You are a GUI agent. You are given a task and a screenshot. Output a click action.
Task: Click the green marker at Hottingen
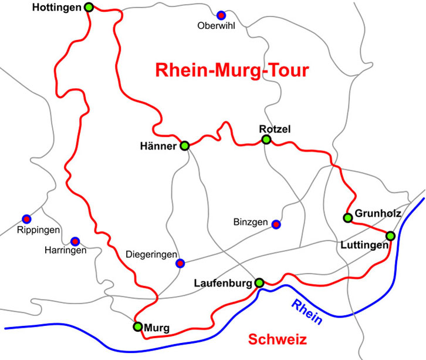click(x=89, y=8)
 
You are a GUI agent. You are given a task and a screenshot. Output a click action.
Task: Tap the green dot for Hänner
click(x=184, y=146)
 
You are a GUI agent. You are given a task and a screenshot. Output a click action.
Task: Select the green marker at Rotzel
click(x=266, y=140)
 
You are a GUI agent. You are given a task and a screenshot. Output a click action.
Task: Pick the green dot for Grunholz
click(x=347, y=218)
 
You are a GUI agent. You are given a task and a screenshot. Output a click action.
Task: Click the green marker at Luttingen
click(x=391, y=236)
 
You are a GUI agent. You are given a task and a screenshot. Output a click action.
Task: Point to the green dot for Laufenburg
click(x=259, y=282)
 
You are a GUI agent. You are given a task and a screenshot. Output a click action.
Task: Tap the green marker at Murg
click(x=137, y=327)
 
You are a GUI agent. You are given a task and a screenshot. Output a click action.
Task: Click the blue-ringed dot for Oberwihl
click(x=221, y=15)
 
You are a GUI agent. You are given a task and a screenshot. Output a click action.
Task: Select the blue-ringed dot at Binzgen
click(x=276, y=224)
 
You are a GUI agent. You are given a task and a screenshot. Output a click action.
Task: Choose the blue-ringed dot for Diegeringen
click(x=181, y=263)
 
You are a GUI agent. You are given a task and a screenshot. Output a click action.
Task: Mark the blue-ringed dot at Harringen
click(x=75, y=241)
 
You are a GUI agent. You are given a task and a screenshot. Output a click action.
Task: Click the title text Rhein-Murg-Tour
click(x=232, y=70)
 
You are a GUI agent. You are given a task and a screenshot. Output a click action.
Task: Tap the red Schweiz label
click(x=278, y=340)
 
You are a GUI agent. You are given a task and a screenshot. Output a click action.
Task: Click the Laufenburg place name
click(x=224, y=283)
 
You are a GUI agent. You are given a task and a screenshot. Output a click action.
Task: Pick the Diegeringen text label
click(x=151, y=255)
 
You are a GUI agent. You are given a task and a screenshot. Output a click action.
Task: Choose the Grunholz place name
click(x=378, y=214)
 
